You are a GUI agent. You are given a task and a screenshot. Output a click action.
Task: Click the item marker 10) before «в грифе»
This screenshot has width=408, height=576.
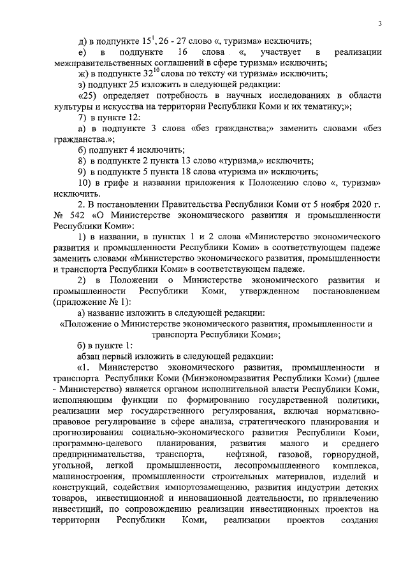[x=84, y=183]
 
